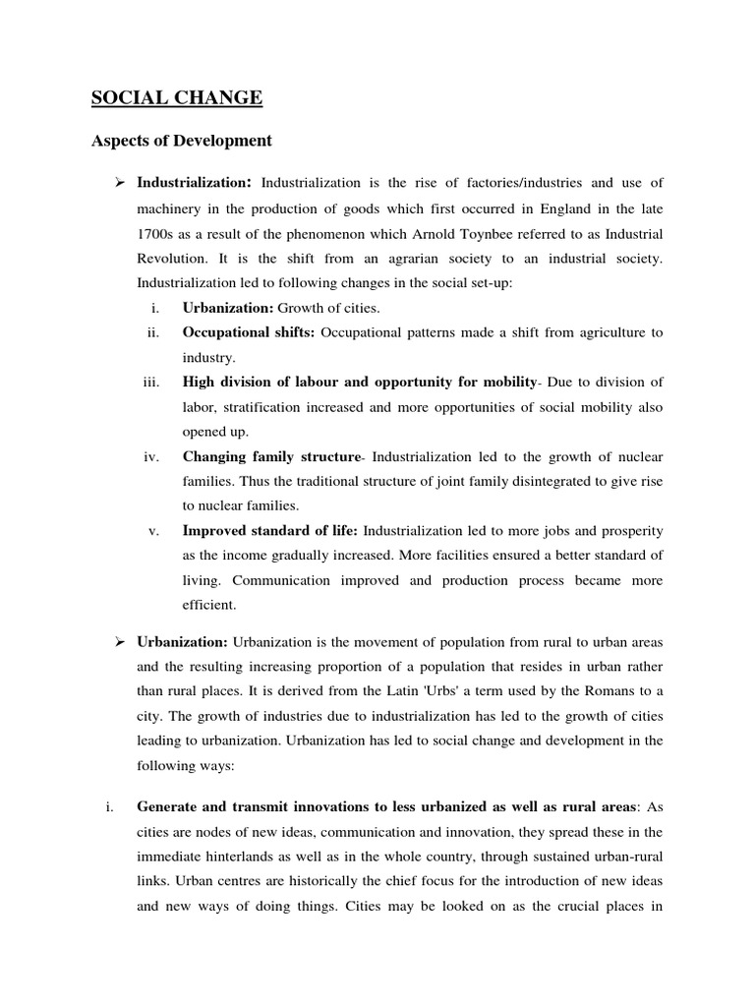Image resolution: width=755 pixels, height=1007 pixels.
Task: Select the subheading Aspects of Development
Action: tap(181, 141)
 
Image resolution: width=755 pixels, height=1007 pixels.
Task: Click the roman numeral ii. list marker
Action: tap(153, 333)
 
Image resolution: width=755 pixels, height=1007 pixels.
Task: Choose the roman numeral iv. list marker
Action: tap(152, 457)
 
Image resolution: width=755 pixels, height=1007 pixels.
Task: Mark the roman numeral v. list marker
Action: tap(154, 531)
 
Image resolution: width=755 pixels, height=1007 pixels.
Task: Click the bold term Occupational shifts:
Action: tap(249, 333)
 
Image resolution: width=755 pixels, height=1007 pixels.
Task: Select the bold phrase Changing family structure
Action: tap(272, 457)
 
